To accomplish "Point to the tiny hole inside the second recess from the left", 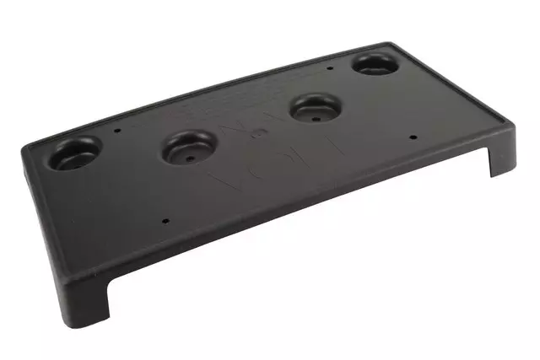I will [189, 155].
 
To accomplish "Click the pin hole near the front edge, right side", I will [412, 136].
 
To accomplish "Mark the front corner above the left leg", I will [110, 278].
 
